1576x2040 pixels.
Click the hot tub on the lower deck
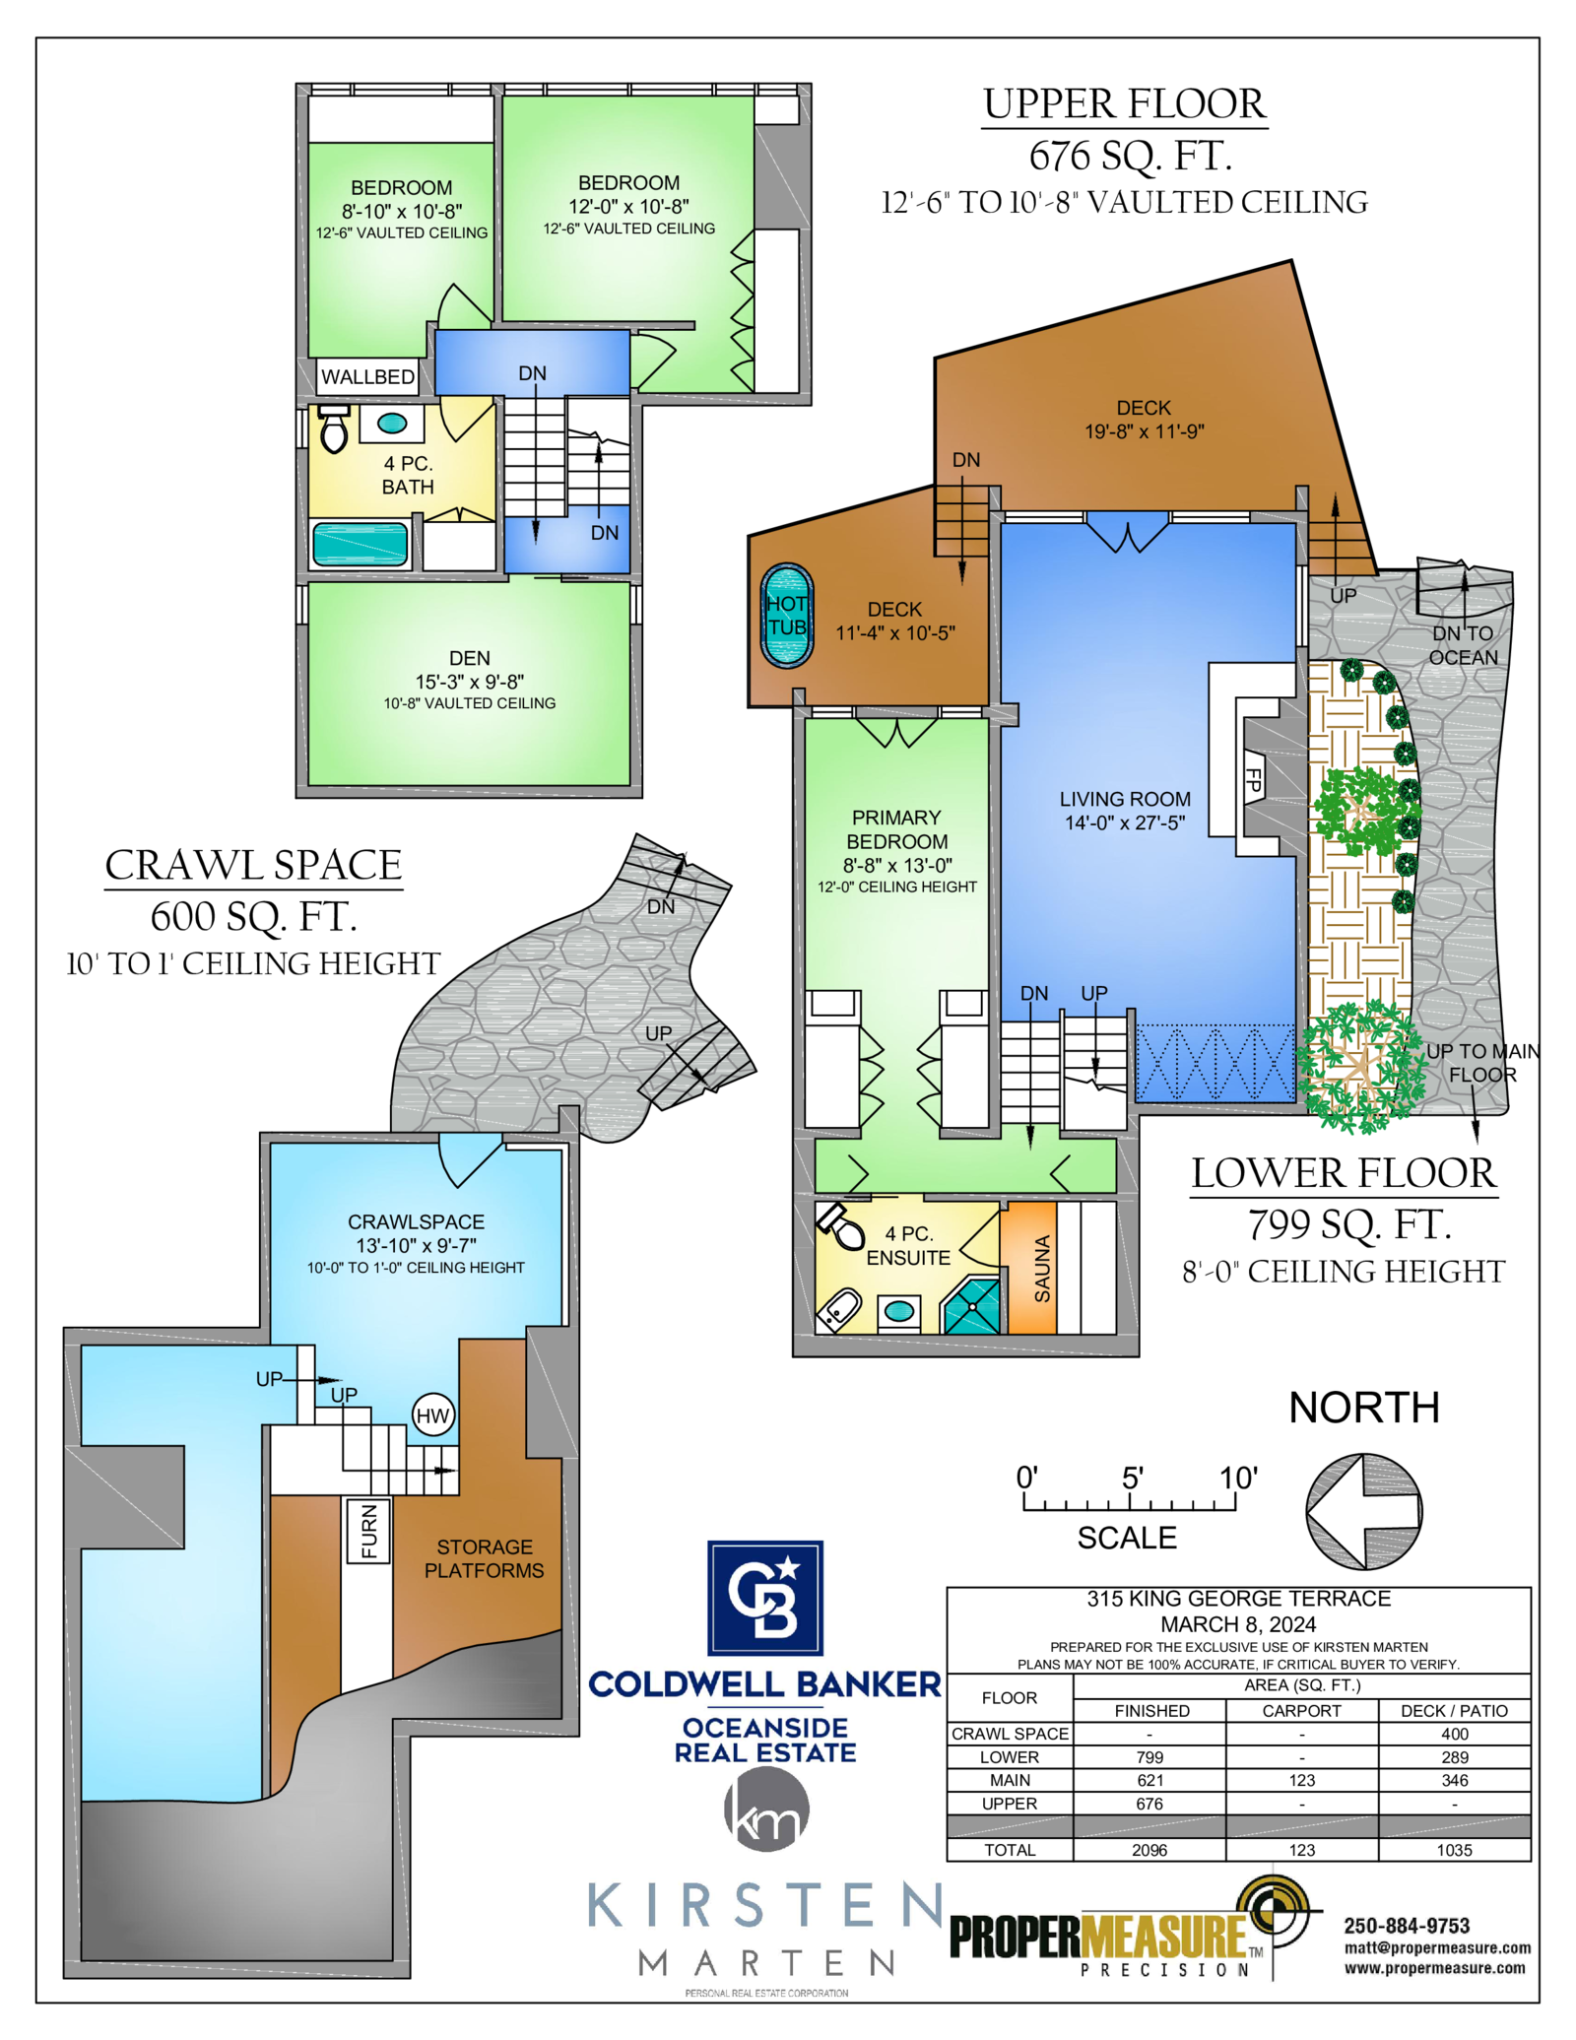point(787,616)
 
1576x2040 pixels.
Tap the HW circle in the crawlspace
point(432,1416)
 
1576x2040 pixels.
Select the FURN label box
point(368,1531)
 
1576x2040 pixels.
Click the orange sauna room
point(1028,1268)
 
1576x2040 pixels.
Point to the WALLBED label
point(367,377)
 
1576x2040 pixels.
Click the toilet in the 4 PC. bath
point(334,428)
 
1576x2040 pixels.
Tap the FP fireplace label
point(1253,780)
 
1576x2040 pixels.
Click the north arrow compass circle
point(1364,1512)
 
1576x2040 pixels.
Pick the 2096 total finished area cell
point(1149,1850)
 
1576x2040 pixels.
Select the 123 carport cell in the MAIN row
point(1302,1780)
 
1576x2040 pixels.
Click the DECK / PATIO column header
point(1454,1711)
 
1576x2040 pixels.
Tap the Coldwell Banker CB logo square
point(765,1598)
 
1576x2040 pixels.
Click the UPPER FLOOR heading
point(1124,104)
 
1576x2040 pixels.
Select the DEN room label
point(470,658)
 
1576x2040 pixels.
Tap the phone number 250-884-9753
point(1407,1926)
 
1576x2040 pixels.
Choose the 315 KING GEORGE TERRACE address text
point(1238,1599)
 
